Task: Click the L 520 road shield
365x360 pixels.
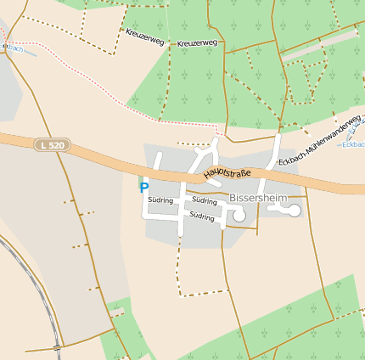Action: (51, 146)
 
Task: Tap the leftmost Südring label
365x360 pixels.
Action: (160, 200)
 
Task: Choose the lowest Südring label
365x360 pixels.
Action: (202, 217)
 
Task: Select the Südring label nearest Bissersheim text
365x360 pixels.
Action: (205, 200)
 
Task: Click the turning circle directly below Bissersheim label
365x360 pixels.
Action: (239, 217)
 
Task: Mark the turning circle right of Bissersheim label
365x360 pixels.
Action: (295, 210)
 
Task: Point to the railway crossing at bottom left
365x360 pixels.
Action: (57, 347)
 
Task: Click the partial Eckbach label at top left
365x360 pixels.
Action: (12, 48)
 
